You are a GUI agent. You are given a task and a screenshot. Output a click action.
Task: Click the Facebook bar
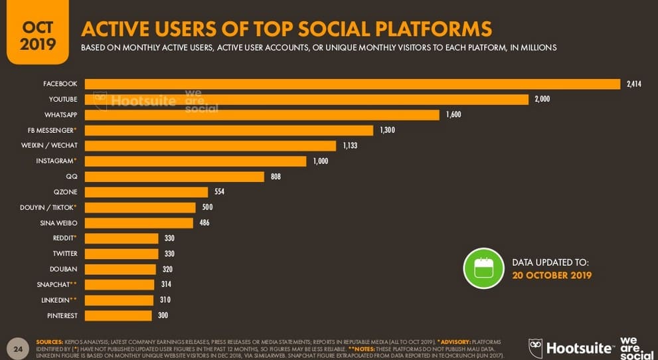(352, 84)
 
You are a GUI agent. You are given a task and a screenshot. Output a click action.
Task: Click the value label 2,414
(633, 84)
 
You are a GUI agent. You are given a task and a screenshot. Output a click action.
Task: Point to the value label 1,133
(350, 145)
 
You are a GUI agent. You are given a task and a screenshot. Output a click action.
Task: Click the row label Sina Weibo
(58, 223)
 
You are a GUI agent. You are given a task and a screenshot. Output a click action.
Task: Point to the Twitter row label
(65, 254)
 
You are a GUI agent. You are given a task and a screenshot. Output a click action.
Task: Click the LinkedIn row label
(57, 300)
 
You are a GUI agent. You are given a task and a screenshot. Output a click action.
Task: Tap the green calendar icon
(483, 268)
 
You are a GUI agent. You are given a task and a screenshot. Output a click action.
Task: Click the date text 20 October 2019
(552, 275)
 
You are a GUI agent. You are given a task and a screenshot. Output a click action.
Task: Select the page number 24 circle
(17, 348)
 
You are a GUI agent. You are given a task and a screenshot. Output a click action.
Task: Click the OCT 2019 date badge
(37, 36)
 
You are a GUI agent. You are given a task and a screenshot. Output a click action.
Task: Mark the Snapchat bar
(120, 285)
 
